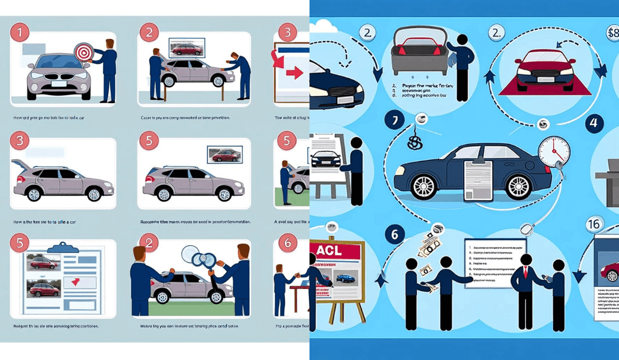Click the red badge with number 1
point(20,33)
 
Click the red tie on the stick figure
point(524,271)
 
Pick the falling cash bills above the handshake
point(430,245)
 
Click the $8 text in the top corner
point(612,33)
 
